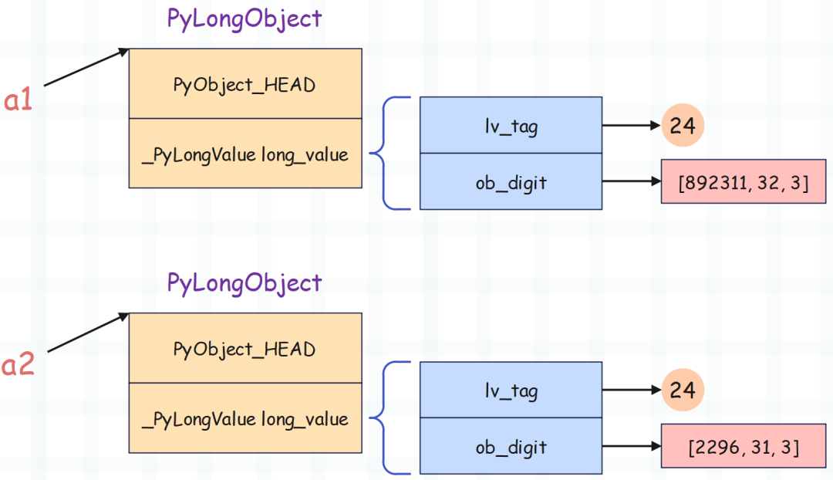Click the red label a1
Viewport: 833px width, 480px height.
point(18,100)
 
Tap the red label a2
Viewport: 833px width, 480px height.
point(18,365)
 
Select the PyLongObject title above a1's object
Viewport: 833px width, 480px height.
point(245,19)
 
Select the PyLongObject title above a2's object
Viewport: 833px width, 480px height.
point(245,283)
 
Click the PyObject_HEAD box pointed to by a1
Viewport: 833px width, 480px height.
point(245,83)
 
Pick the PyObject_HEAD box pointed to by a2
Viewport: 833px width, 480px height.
point(245,348)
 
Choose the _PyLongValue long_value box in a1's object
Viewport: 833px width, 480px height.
point(245,153)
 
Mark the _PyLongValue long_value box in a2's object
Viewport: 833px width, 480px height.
point(245,417)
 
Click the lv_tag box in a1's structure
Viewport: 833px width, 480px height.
point(511,126)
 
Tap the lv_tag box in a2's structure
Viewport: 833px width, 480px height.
point(511,390)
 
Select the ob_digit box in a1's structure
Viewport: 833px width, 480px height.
point(511,181)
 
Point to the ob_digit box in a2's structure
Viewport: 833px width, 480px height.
point(511,446)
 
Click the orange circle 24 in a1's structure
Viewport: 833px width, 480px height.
point(683,126)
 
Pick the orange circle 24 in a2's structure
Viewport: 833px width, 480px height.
point(683,390)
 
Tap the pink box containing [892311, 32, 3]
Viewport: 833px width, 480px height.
point(744,181)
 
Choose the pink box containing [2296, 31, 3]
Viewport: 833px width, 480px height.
point(744,446)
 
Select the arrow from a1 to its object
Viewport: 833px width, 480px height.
point(86,67)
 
